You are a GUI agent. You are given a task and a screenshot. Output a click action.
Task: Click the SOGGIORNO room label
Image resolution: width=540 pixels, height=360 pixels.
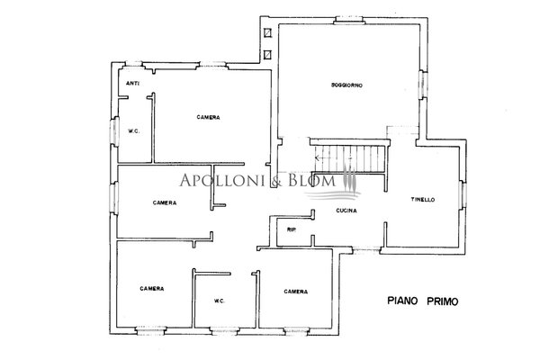(x=346, y=85)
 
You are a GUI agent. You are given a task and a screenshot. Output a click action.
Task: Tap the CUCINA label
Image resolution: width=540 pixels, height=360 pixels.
(x=346, y=210)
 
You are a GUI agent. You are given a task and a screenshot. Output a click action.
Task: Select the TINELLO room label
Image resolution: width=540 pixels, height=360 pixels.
(x=423, y=200)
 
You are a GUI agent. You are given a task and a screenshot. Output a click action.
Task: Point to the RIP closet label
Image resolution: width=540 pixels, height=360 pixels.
(x=292, y=229)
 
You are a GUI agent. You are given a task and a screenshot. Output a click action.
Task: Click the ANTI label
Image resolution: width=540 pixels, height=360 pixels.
(x=132, y=84)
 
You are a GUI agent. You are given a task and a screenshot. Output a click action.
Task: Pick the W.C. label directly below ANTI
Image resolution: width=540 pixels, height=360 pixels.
(x=133, y=131)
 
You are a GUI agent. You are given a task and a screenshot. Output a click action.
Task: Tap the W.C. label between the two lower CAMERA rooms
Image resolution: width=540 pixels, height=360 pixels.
(x=220, y=301)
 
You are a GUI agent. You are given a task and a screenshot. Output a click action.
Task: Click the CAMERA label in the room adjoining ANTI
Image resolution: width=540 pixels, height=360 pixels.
(x=209, y=117)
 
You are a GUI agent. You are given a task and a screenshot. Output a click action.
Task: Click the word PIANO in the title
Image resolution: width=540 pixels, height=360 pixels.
(x=402, y=301)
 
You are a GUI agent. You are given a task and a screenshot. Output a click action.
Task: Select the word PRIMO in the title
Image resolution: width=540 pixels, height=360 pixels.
(x=443, y=301)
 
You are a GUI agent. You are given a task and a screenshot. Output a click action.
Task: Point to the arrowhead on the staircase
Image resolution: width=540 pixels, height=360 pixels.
(x=317, y=158)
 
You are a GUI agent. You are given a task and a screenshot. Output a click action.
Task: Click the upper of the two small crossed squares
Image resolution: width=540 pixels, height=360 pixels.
(x=267, y=32)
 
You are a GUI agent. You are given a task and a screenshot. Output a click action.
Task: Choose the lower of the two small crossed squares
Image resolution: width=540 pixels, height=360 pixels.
(x=267, y=54)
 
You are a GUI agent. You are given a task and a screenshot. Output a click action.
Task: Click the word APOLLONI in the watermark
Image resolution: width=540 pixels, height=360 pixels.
(x=222, y=180)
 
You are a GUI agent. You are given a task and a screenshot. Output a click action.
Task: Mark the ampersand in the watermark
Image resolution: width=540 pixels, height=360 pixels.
(x=276, y=181)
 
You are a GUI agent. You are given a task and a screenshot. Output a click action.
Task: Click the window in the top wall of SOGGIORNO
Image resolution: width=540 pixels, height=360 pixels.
(x=349, y=21)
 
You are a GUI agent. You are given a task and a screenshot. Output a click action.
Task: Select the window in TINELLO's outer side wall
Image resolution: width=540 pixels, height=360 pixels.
(x=463, y=194)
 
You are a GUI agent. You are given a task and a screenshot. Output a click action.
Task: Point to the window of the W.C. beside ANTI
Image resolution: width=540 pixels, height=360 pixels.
(x=114, y=130)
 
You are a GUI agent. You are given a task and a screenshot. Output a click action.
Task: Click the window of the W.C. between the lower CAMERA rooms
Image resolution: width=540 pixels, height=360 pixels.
(x=224, y=331)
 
